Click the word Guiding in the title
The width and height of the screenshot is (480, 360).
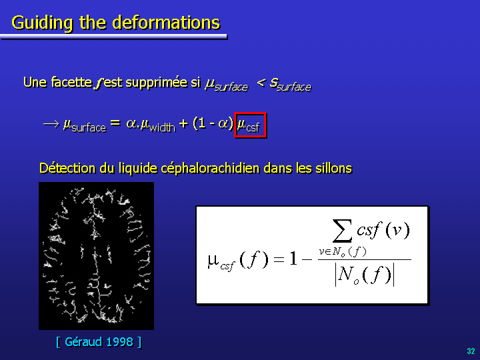coord(42,23)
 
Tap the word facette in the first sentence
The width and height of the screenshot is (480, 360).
coord(71,82)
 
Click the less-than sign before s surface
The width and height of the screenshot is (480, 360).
coord(261,82)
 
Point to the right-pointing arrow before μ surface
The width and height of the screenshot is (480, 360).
coord(51,124)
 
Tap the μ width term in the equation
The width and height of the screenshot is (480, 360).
coord(158,125)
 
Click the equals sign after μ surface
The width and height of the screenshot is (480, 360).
coord(115,123)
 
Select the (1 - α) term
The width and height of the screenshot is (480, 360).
coord(213,123)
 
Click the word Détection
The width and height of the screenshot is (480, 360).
coord(67,168)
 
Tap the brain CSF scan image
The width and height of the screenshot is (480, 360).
coord(96,256)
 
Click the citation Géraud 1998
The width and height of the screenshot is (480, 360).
coord(99,342)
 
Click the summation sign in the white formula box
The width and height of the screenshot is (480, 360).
coord(342,231)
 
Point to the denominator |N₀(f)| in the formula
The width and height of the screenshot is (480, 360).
coord(364,275)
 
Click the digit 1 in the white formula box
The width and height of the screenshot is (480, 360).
coord(293,259)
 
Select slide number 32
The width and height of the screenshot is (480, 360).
coord(471,351)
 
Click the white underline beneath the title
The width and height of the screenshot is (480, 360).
coord(114,37)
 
